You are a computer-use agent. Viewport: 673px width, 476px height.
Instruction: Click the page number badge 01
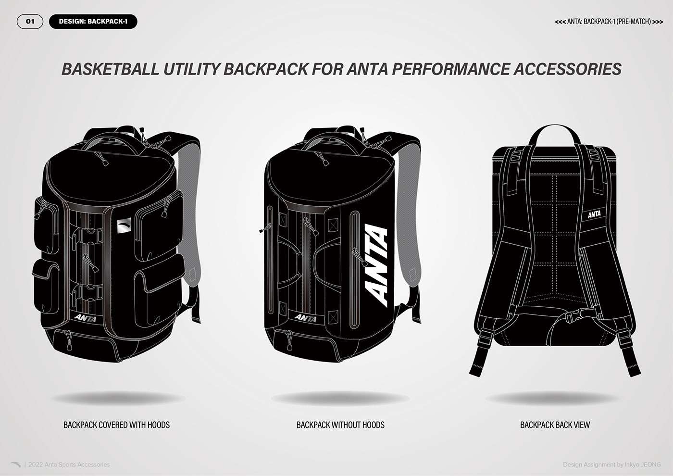pos(30,22)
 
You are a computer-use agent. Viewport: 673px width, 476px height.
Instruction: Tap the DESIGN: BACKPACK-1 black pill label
pos(93,22)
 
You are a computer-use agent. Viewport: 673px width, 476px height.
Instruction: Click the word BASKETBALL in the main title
pos(110,69)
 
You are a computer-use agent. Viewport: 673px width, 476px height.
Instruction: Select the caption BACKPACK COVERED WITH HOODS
pos(116,425)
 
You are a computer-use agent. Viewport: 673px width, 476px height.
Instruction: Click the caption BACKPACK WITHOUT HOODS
pos(340,425)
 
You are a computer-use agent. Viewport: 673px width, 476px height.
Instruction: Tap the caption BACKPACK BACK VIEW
pos(555,425)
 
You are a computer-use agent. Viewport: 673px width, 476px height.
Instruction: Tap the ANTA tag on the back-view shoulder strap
pos(594,214)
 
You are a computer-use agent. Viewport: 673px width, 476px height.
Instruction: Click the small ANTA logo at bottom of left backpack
pos(86,318)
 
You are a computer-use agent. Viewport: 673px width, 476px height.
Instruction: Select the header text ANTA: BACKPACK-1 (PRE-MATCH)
pos(609,22)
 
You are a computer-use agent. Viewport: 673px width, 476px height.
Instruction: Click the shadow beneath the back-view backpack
pos(554,399)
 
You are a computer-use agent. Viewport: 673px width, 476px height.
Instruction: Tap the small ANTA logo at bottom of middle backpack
pos(305,318)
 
